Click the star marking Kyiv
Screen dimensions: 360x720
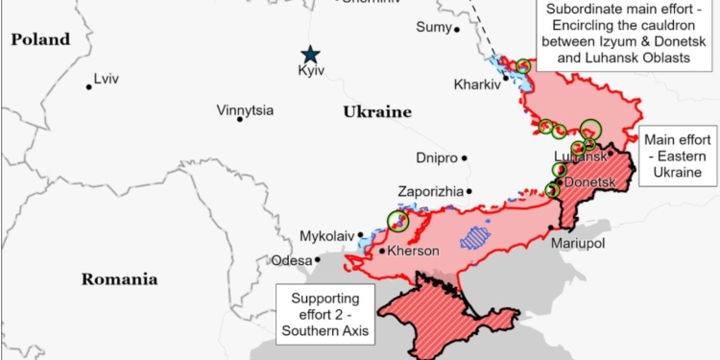click(309, 55)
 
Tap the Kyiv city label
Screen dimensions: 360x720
click(312, 72)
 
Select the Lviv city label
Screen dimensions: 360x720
click(108, 79)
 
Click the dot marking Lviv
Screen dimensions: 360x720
click(88, 86)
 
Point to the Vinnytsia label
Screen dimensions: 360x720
click(245, 110)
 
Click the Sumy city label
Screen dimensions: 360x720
click(432, 27)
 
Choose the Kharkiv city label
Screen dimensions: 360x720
click(477, 84)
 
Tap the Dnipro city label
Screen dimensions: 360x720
click(437, 157)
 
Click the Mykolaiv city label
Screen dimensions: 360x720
click(326, 234)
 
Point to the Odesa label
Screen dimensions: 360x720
click(291, 260)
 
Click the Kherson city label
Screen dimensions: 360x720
click(415, 252)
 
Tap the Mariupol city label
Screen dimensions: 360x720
click(578, 244)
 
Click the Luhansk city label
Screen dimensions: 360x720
click(581, 156)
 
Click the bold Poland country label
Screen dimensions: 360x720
click(40, 39)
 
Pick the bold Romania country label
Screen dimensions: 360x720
click(119, 279)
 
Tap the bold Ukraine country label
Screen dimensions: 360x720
click(376, 112)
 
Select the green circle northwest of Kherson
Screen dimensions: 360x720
click(397, 221)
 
